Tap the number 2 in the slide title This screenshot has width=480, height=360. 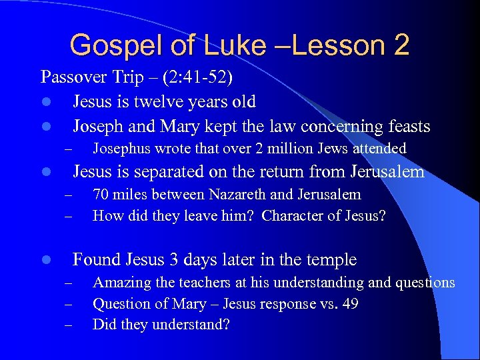401,45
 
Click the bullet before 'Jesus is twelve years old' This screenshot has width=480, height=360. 44,103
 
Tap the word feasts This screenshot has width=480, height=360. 407,126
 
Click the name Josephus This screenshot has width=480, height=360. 121,149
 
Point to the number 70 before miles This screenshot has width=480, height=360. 101,195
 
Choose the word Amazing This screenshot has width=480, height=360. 121,283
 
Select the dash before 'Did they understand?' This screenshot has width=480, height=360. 67,325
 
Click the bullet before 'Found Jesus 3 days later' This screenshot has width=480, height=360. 44,260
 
